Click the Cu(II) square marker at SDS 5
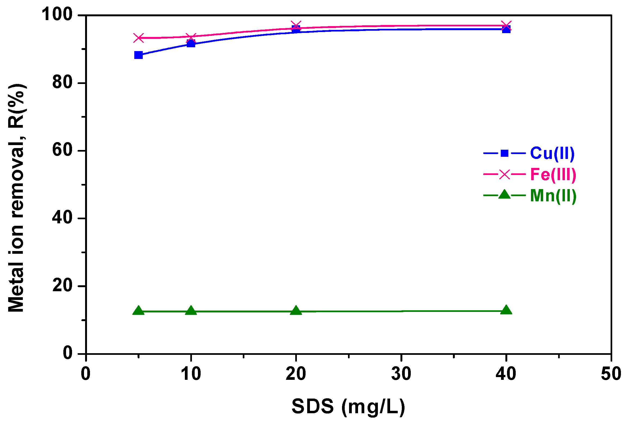pyautogui.click(x=138, y=55)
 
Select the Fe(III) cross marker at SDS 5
pyautogui.click(x=139, y=38)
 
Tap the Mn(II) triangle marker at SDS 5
pyautogui.click(x=138, y=311)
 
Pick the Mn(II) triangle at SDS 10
pyautogui.click(x=191, y=311)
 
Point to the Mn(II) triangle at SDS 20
pyautogui.click(x=296, y=311)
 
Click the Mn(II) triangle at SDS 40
pyautogui.click(x=506, y=310)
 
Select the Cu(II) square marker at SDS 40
pyautogui.click(x=506, y=29)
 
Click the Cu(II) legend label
pyautogui.click(x=552, y=153)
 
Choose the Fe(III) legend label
pyautogui.click(x=553, y=174)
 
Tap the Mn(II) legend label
pyautogui.click(x=553, y=196)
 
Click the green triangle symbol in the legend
pyautogui.click(x=505, y=195)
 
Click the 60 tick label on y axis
pyautogui.click(x=62, y=150)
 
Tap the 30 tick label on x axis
pyautogui.click(x=401, y=374)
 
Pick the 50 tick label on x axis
pyautogui.click(x=611, y=374)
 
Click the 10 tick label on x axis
pyautogui.click(x=191, y=374)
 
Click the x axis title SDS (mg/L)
pyautogui.click(x=348, y=407)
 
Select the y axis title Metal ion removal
pyautogui.click(x=16, y=198)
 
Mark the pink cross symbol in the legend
pyautogui.click(x=505, y=174)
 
